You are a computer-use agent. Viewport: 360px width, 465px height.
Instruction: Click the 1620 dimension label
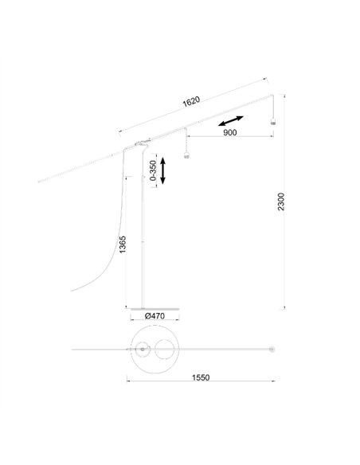pos(191,101)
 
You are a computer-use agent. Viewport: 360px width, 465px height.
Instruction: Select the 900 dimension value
pos(230,132)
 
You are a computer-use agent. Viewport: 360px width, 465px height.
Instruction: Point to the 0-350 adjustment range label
pos(153,170)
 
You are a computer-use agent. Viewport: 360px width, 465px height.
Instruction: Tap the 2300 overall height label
pos(281,201)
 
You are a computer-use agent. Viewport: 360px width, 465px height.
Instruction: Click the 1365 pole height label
pos(122,244)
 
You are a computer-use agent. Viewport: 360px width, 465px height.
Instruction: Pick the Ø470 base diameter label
pos(155,316)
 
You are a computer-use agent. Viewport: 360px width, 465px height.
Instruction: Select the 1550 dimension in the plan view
pos(201,377)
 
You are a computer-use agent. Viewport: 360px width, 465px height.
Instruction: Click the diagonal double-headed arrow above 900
pos(231,121)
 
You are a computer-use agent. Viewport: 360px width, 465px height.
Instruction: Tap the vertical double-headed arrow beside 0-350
pos(162,171)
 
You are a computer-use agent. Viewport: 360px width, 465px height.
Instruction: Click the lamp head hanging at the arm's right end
pos(272,121)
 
